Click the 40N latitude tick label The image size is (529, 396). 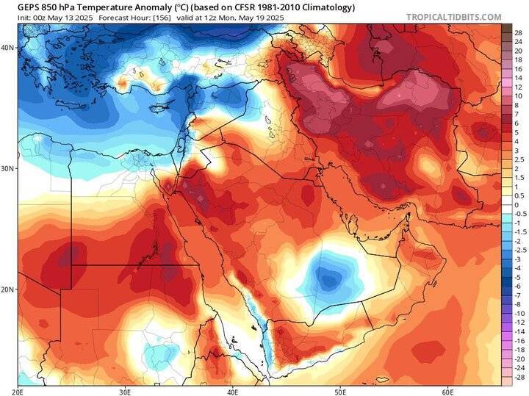[8, 47]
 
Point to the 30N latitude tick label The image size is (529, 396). [8, 168]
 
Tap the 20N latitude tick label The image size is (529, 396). [8, 289]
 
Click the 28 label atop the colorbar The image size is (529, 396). [517, 33]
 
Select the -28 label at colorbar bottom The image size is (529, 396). [517, 376]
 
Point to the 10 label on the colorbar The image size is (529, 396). [517, 96]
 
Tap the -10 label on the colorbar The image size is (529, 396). [517, 313]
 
